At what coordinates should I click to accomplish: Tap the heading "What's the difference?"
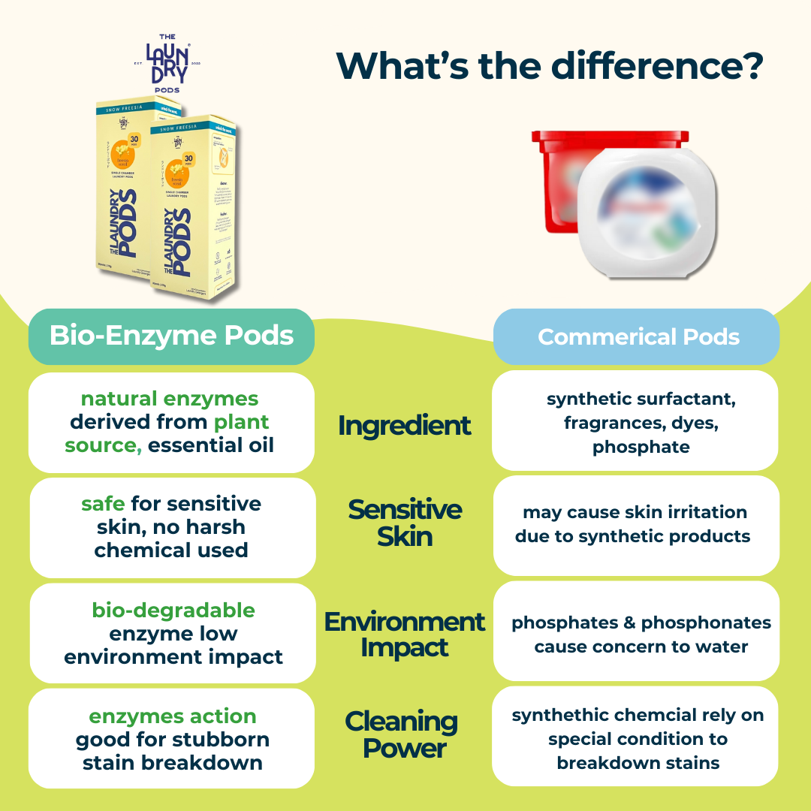click(x=550, y=65)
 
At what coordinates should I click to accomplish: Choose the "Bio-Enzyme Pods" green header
click(x=171, y=336)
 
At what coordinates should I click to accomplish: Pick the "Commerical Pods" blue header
click(x=638, y=337)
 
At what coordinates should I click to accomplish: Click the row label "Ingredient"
click(x=404, y=425)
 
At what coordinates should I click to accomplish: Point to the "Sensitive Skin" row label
click(x=404, y=523)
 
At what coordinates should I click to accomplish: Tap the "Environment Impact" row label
click(x=404, y=635)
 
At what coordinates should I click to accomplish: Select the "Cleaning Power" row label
click(x=401, y=735)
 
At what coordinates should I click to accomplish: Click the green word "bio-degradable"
click(x=173, y=610)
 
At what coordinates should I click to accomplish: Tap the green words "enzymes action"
click(x=173, y=716)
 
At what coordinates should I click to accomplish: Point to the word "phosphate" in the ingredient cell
click(x=641, y=448)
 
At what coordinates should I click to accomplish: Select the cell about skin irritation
click(x=636, y=524)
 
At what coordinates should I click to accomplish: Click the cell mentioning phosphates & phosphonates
click(x=641, y=635)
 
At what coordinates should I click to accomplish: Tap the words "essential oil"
click(x=211, y=445)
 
